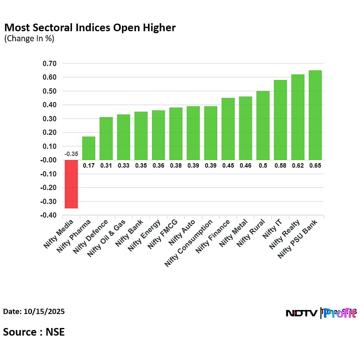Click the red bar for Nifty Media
tap(71, 184)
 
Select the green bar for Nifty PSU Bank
tap(315, 115)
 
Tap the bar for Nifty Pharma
tap(89, 148)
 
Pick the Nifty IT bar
tap(280, 120)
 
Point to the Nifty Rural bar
tap(263, 126)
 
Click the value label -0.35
tap(71, 154)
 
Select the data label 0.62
tap(298, 165)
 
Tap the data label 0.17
tap(89, 165)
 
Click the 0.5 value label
tap(263, 165)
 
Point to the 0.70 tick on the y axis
tap(49, 64)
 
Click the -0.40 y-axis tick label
tap(48, 216)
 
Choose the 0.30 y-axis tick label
tap(49, 119)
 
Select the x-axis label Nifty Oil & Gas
tap(107, 239)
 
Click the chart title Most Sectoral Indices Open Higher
tap(90, 28)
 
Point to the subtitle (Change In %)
tap(29, 39)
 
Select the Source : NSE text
tap(34, 332)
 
